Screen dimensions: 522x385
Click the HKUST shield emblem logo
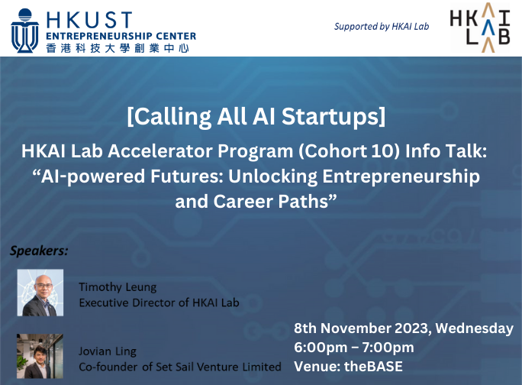[25, 31]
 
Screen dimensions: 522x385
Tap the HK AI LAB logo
[480, 27]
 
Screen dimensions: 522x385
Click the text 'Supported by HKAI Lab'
[382, 27]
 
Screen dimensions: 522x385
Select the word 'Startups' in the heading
[333, 117]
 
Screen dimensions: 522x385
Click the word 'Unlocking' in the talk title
[272, 176]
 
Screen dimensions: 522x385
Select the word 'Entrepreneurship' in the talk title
[401, 176]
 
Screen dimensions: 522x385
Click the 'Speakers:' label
[39, 251]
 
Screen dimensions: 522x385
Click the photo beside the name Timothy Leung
[40, 293]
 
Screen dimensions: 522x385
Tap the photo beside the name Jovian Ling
[40, 356]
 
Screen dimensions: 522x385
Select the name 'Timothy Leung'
[118, 287]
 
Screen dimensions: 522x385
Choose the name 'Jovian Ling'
[108, 351]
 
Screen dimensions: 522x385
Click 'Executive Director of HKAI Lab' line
[159, 302]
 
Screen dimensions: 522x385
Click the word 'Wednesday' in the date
[475, 328]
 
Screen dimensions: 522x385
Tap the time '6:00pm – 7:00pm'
[354, 348]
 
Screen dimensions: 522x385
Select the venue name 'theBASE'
[373, 367]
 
